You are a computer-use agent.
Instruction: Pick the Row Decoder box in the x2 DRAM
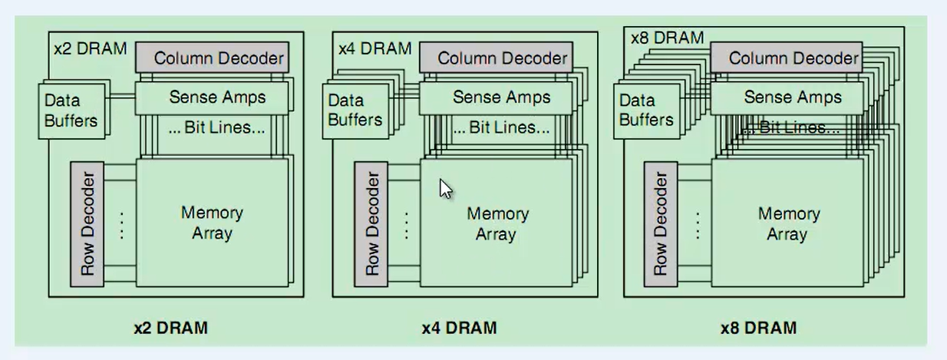click(x=87, y=224)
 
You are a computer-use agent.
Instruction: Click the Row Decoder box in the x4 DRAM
click(x=371, y=224)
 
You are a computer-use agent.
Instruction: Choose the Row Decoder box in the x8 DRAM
click(x=661, y=224)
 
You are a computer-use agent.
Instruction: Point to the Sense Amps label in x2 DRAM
click(x=217, y=97)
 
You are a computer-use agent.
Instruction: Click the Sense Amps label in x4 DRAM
click(x=501, y=97)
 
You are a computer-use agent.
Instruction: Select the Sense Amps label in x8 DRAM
click(x=792, y=97)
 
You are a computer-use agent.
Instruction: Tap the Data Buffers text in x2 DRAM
click(x=71, y=111)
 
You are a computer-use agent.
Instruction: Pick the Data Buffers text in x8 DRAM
click(x=645, y=111)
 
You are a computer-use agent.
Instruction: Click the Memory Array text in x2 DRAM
click(x=212, y=223)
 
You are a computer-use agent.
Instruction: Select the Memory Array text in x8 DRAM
click(x=788, y=223)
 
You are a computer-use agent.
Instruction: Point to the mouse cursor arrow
click(x=445, y=188)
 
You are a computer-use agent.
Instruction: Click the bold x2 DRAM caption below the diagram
click(x=170, y=328)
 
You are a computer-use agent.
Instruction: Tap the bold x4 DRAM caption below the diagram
click(x=459, y=328)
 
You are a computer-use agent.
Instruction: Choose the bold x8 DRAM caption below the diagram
click(x=757, y=328)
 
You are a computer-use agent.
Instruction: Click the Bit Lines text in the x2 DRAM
click(x=217, y=128)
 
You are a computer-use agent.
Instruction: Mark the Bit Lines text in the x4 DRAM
click(x=501, y=128)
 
